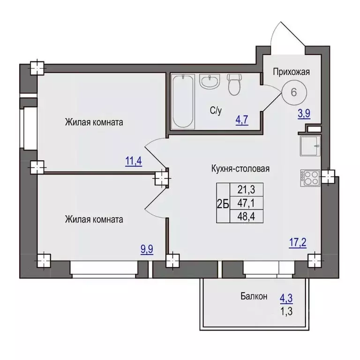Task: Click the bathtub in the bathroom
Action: [183, 101]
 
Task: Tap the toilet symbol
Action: [234, 84]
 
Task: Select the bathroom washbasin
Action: [210, 81]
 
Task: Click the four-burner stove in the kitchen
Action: [310, 178]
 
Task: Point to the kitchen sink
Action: [310, 146]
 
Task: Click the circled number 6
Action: [294, 92]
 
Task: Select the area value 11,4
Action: [134, 161]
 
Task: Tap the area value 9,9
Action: [147, 249]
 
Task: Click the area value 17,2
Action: [298, 242]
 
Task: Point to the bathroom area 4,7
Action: [242, 120]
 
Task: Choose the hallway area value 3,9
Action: [304, 113]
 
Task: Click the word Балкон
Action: [254, 296]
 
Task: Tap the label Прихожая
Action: [292, 72]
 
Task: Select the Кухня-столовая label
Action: [240, 169]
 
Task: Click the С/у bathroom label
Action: [216, 111]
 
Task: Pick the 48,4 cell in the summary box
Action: [247, 216]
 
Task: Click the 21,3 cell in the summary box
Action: [247, 190]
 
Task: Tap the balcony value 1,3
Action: [286, 312]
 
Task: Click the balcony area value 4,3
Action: [286, 299]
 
